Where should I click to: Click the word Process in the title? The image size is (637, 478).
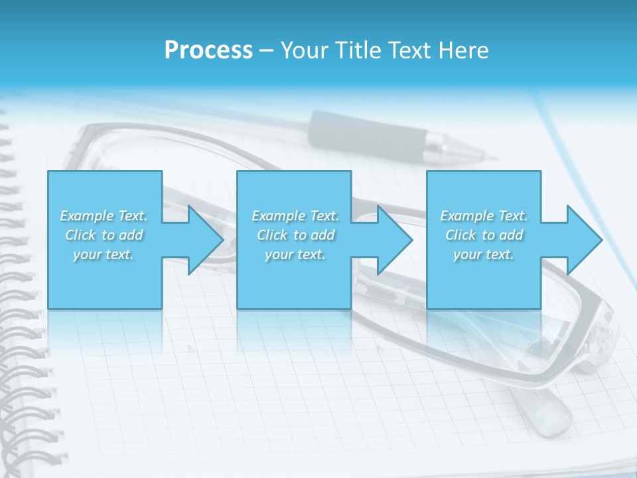208,50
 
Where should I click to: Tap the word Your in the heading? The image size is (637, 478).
306,50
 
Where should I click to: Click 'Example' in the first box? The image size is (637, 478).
86,216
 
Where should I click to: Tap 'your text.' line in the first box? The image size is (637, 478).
104,254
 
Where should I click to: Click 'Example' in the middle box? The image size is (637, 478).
277,216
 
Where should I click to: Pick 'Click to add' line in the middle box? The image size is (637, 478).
295,235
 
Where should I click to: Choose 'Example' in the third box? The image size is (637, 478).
466,216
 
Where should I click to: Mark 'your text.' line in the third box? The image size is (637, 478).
484,254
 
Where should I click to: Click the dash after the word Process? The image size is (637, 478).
267,50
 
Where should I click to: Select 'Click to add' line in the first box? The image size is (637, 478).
104,235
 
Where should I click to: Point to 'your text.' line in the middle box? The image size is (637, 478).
295,254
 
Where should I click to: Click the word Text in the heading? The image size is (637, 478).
412,50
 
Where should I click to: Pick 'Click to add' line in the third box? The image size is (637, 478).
484,235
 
